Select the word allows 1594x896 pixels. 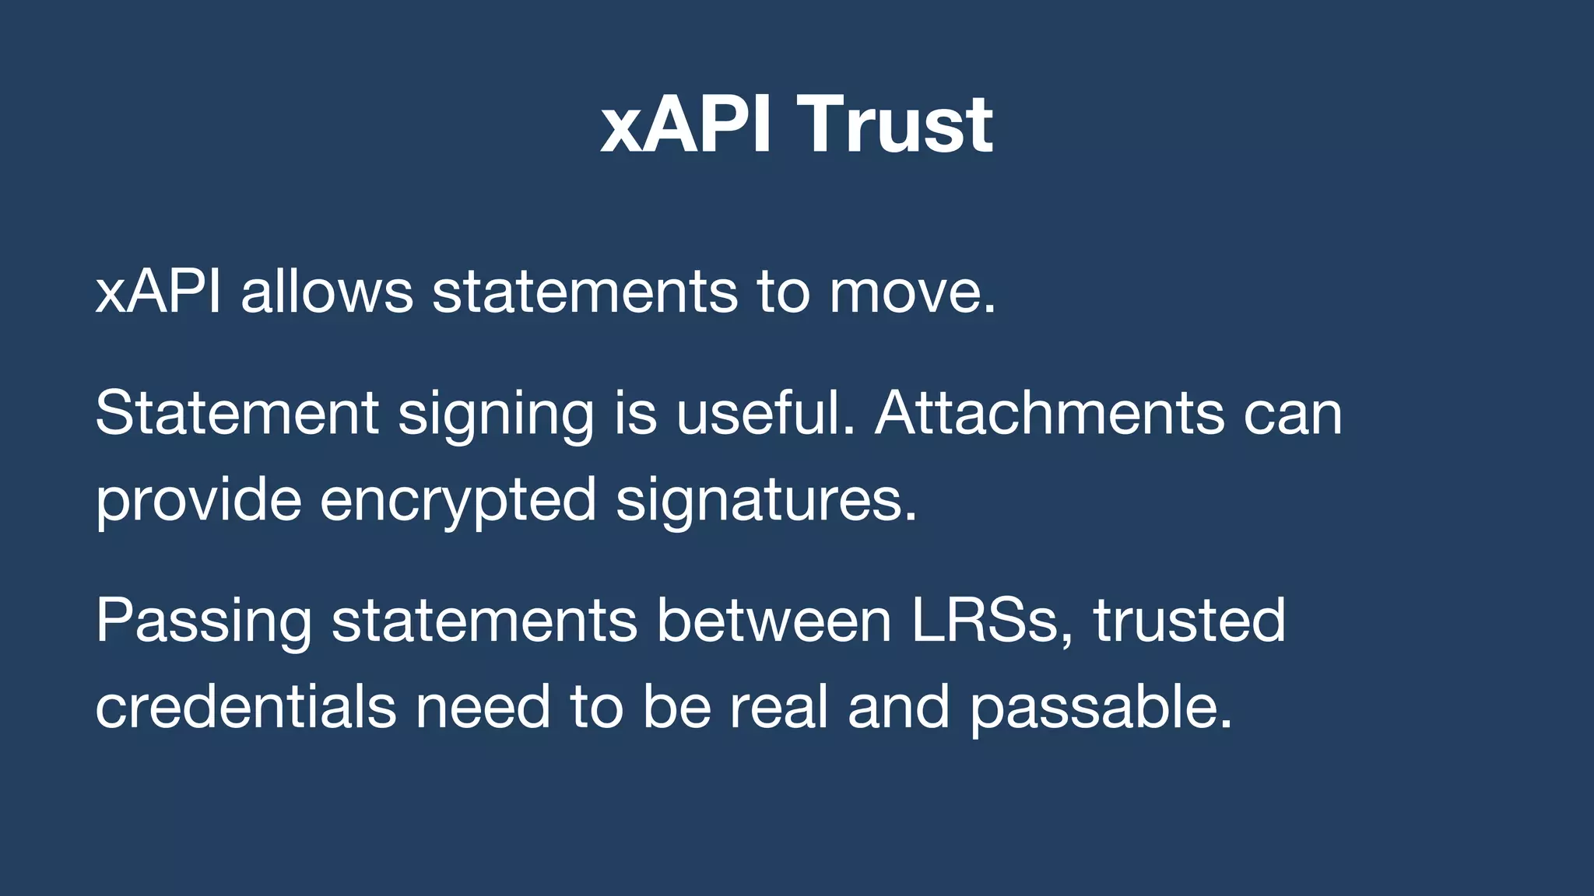(327, 292)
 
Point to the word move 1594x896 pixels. (911, 292)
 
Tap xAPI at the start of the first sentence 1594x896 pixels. (158, 292)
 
